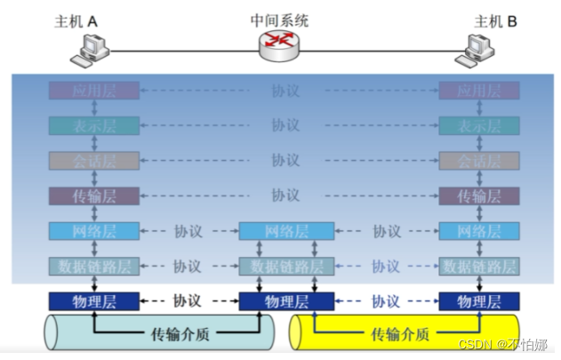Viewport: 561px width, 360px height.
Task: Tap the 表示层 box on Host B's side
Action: pyautogui.click(x=479, y=125)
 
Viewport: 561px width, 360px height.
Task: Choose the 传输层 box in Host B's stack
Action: pyautogui.click(x=479, y=196)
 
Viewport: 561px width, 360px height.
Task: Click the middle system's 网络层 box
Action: pyautogui.click(x=286, y=231)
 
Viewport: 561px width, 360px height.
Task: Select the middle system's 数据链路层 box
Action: pyautogui.click(x=286, y=266)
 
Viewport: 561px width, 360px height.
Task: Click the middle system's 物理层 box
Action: pyautogui.click(x=286, y=301)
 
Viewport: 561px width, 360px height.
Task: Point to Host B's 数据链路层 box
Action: pyautogui.click(x=479, y=266)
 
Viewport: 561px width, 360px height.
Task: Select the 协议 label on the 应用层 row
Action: pyautogui.click(x=285, y=90)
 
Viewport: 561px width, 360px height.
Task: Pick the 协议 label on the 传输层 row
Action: pyautogui.click(x=285, y=196)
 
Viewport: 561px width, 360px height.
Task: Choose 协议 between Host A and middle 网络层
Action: pyautogui.click(x=188, y=231)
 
